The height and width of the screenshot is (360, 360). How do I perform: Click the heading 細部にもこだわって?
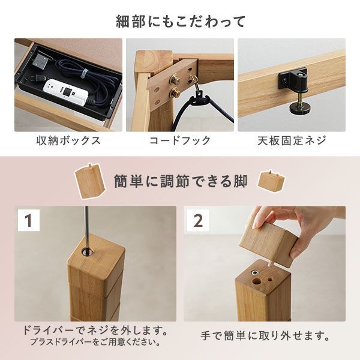tap(180, 22)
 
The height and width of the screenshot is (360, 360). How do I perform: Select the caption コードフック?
tap(180, 141)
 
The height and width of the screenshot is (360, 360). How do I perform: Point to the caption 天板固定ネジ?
tap(292, 141)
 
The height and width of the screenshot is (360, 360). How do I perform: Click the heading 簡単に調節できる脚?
tap(180, 181)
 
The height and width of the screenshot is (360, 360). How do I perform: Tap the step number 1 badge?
tap(28, 220)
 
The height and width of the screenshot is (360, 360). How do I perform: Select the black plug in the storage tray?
tap(39, 61)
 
